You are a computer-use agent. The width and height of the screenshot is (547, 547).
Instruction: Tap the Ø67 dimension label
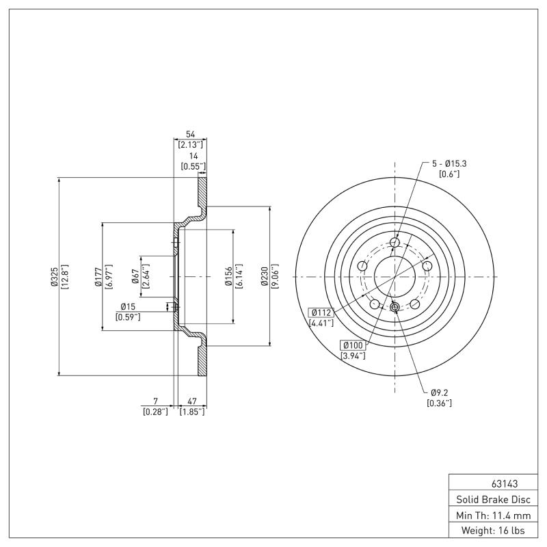[x=136, y=277]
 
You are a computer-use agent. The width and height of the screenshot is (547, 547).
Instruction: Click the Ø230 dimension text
[x=264, y=276]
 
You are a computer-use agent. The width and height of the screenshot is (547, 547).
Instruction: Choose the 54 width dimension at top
[x=190, y=135]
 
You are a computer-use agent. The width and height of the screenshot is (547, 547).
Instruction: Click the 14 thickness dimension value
[x=194, y=156]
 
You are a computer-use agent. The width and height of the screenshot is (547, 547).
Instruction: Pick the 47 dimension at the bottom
[x=192, y=401]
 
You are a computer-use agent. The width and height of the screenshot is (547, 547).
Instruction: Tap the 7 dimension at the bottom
[x=155, y=401]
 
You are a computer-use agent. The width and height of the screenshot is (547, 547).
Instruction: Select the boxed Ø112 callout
[x=321, y=312]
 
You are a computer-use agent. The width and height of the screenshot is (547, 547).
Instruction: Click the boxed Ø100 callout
[x=353, y=345]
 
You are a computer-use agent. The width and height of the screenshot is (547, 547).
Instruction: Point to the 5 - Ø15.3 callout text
[x=449, y=163]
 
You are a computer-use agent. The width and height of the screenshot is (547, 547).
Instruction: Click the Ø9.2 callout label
[x=439, y=392]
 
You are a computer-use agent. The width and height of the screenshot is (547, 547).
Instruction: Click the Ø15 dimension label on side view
[x=128, y=306]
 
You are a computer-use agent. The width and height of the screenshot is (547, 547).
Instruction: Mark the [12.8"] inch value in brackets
[x=65, y=277]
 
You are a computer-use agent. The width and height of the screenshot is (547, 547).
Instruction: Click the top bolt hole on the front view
[x=395, y=242]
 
